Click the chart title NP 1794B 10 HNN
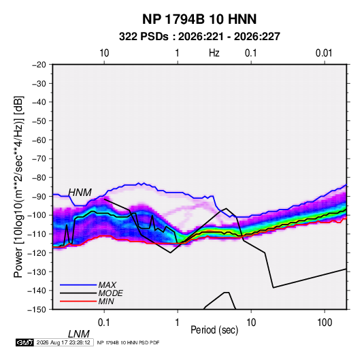tap(199, 19)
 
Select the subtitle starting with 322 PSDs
tap(199, 37)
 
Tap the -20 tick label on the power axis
tap(39, 65)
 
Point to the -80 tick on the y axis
tap(39, 178)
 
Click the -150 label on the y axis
tap(37, 310)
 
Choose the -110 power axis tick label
tap(37, 234)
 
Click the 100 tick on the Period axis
tap(324, 323)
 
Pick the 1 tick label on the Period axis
tap(178, 323)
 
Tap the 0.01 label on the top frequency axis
tap(324, 53)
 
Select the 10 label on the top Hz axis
tap(104, 53)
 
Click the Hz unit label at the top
tap(214, 53)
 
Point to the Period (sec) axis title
tap(214, 330)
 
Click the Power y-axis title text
tap(18, 186)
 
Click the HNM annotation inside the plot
tap(80, 193)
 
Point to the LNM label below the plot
tap(79, 334)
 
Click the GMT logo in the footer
tap(25, 342)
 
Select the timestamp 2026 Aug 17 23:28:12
tap(63, 342)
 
